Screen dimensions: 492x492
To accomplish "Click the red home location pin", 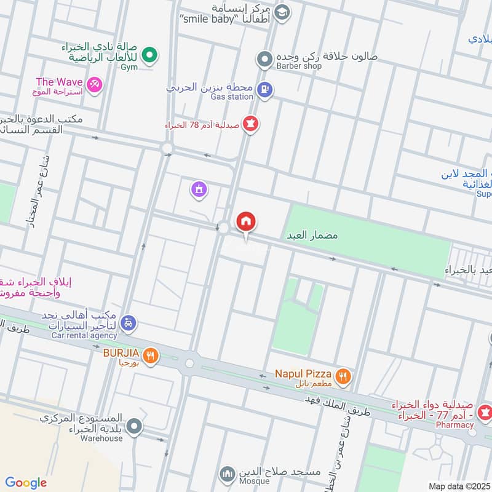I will click(246, 222).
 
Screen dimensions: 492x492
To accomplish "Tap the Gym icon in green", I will click(148, 57).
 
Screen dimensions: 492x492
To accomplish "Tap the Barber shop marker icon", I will click(264, 60).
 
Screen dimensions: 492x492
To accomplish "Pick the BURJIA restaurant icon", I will click(150, 355).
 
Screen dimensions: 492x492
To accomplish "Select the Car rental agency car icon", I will click(128, 323).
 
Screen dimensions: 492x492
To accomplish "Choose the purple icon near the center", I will click(198, 190).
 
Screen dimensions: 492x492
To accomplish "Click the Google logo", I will click(26, 483).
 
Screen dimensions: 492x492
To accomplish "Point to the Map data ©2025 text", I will click(458, 486).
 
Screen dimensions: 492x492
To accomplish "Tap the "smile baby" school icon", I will click(282, 12).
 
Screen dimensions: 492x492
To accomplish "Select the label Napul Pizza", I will click(303, 374).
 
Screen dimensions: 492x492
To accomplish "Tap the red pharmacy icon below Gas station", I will click(250, 124).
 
